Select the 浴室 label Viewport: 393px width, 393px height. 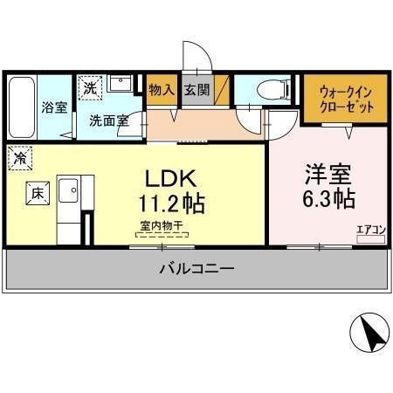pyautogui.click(x=54, y=107)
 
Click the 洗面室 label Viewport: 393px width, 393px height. pyautogui.click(x=108, y=121)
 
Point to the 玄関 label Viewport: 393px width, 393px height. pyautogui.click(x=197, y=89)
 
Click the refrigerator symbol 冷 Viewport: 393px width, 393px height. pyautogui.click(x=19, y=159)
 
